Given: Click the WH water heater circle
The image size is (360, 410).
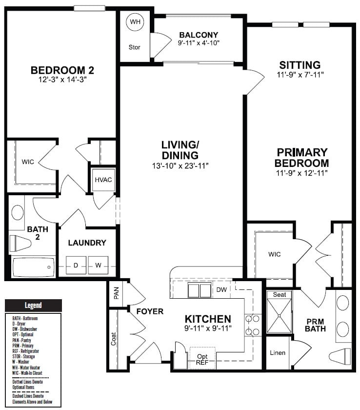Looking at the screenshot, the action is coord(135,21).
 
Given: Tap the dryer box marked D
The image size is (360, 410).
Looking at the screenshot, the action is coord(76,265).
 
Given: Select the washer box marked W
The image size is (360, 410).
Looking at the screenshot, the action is coord(98,265).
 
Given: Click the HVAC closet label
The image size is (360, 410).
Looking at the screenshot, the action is coord(103,180).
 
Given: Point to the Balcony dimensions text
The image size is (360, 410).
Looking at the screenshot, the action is coord(199,43).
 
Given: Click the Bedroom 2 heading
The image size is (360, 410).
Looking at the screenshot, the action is coord(62,70).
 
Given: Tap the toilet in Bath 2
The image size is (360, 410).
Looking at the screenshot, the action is coord(20,243).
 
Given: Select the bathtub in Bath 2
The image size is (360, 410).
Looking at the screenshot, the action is coord(33,267).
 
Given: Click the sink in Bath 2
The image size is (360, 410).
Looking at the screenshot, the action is coord(18,212).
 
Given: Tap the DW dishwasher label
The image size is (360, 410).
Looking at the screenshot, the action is coord(221,289).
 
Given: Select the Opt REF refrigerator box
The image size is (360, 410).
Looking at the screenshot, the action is coord(202,358).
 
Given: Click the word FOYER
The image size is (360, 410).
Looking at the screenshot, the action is coord(150,311).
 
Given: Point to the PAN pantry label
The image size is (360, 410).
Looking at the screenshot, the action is coord(117,293).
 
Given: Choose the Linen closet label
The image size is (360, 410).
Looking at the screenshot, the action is coord(278,353).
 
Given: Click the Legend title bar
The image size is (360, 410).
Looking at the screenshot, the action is coord(33,305).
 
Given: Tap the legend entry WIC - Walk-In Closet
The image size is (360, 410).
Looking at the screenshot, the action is coord(27,373).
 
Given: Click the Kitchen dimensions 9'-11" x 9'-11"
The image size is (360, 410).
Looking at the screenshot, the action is coord(208,328).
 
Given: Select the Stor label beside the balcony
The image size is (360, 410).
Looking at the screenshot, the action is coord(134,47).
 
